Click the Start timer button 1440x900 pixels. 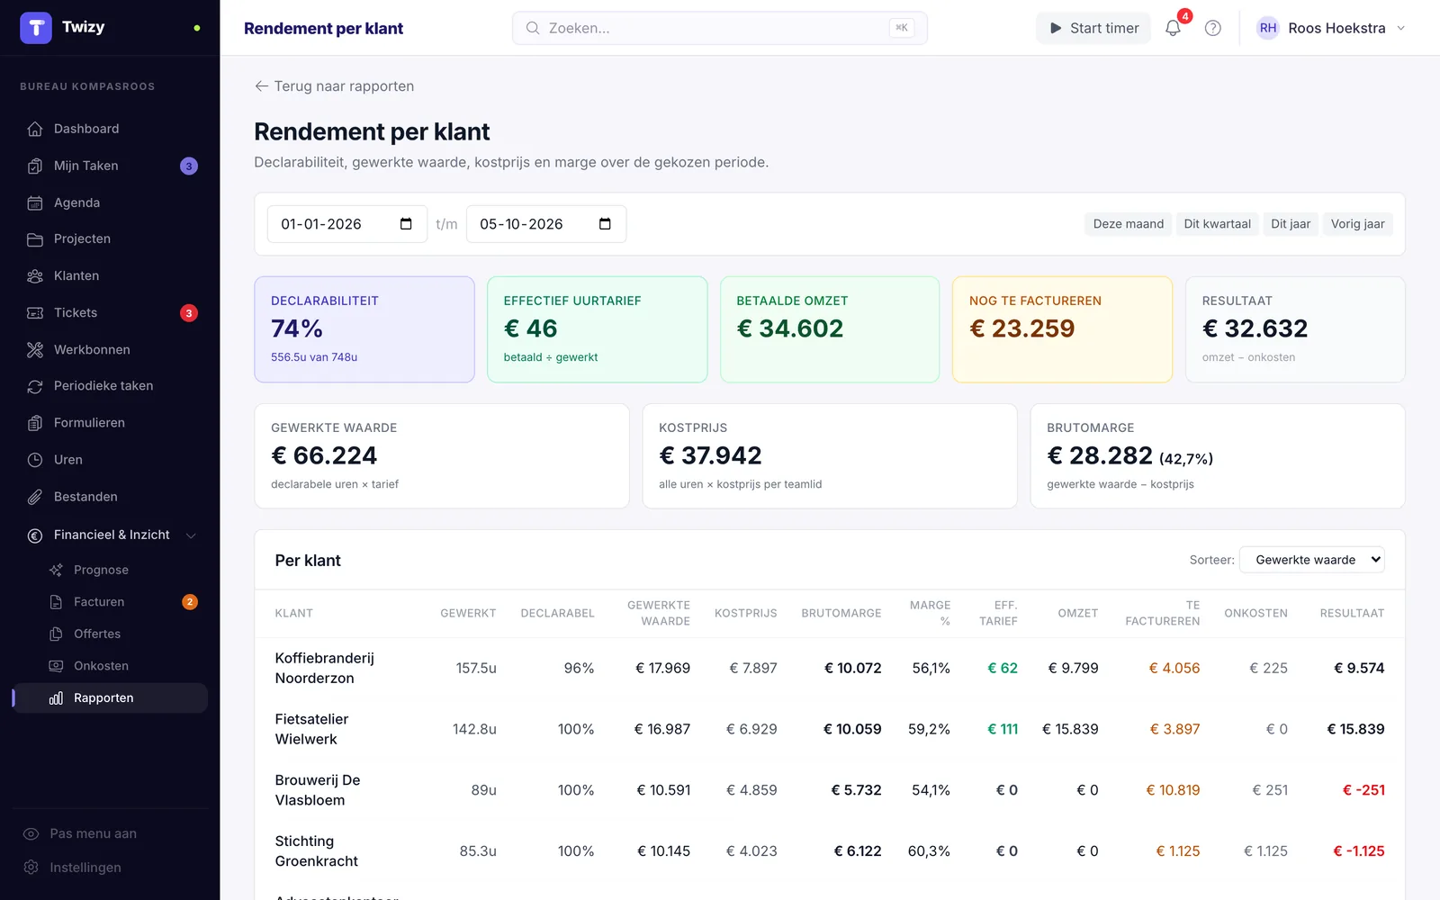tap(1093, 28)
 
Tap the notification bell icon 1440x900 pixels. tap(1173, 28)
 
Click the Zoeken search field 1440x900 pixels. tap(719, 28)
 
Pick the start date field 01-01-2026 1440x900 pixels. tap(347, 224)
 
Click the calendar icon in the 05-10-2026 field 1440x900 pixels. tap(604, 224)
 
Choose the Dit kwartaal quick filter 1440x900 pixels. tap(1217, 224)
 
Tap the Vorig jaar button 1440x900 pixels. tap(1357, 224)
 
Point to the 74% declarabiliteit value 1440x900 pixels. tap(296, 328)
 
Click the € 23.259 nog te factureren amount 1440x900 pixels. tap(1021, 328)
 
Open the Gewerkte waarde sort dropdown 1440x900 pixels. tap(1311, 559)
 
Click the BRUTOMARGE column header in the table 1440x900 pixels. tap(841, 613)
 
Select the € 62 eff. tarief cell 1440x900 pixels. tap(1003, 668)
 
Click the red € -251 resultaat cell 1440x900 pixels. tap(1363, 790)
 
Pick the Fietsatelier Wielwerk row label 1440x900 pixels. tap(311, 729)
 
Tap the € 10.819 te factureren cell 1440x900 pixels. tap(1173, 790)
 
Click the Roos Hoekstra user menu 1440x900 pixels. tap(1331, 28)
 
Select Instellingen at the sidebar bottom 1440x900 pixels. tap(85, 868)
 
